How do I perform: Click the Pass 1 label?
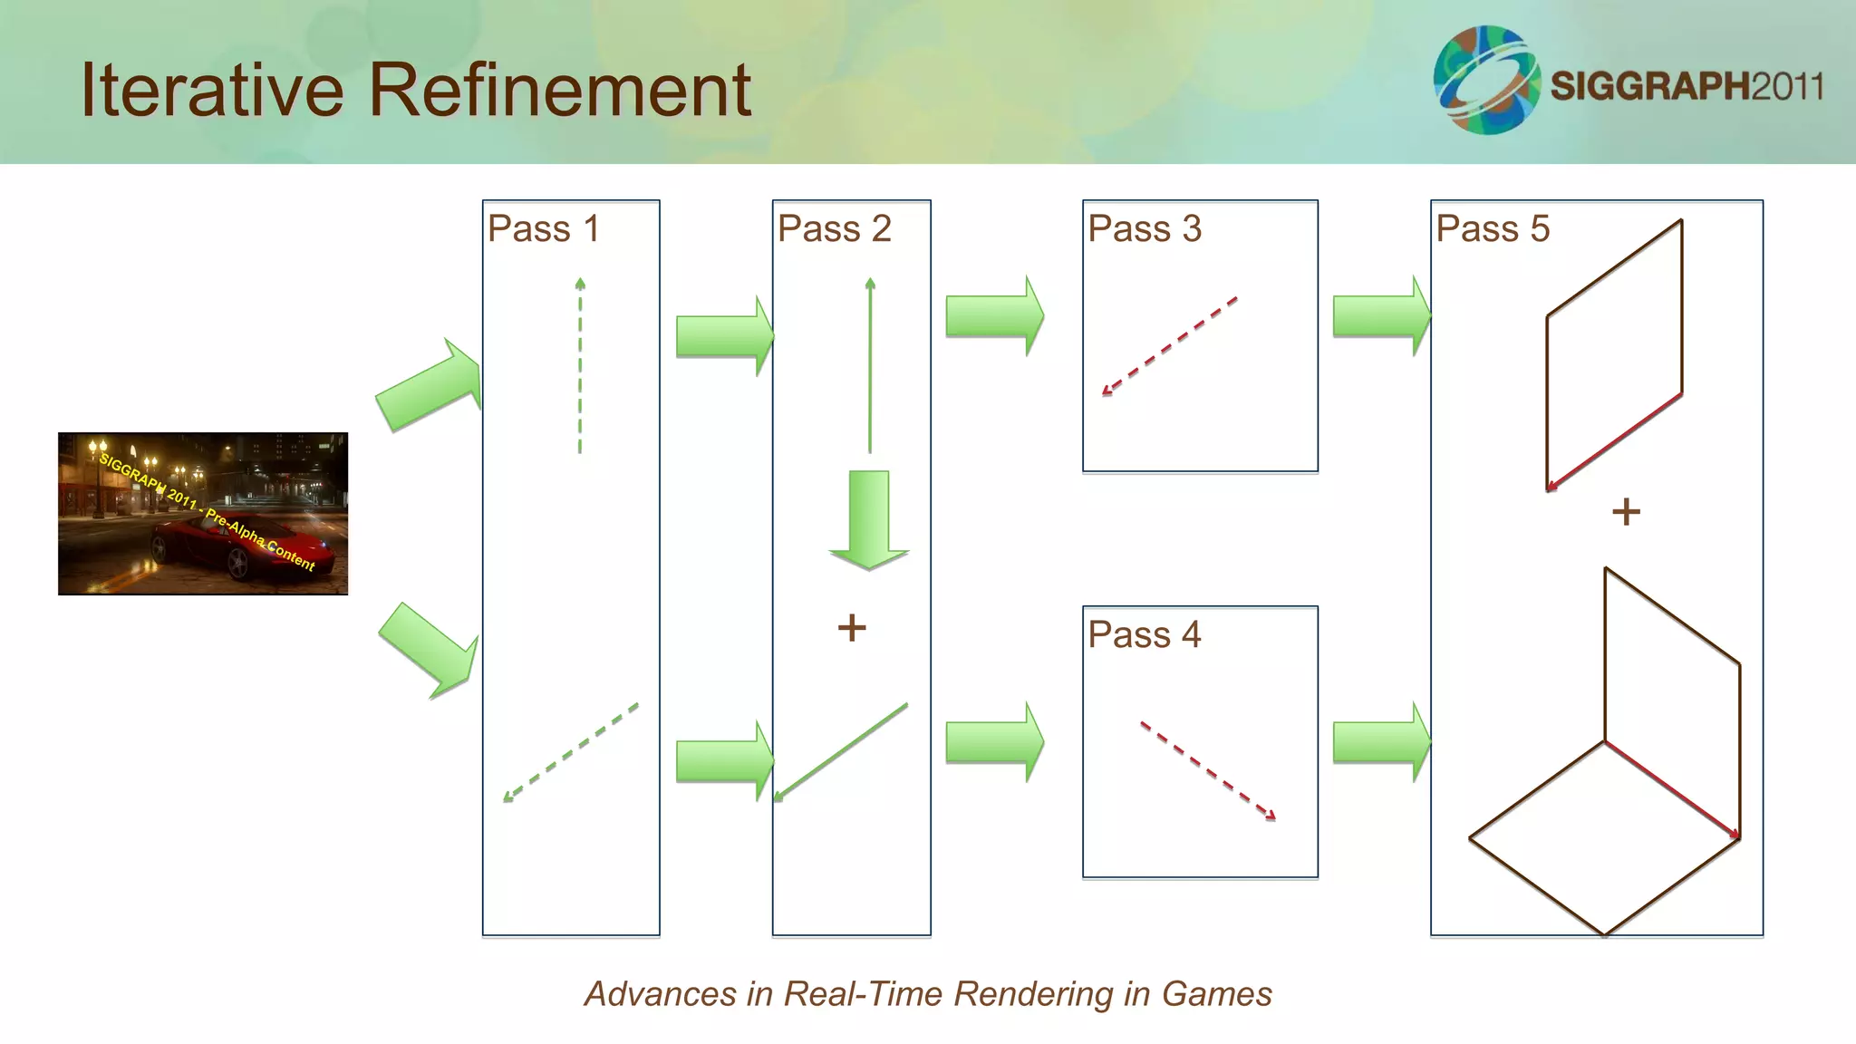[x=543, y=228]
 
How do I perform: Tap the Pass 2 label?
[x=834, y=228]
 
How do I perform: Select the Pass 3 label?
[x=1144, y=228]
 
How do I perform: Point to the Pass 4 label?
[x=1144, y=634]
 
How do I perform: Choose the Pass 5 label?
[x=1492, y=228]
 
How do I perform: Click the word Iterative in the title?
[x=212, y=90]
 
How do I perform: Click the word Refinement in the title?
[x=559, y=90]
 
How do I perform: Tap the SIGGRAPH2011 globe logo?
[x=1486, y=81]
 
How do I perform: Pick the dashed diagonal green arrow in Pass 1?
[x=571, y=752]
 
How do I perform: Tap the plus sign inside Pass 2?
[x=851, y=627]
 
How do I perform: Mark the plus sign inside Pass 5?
[x=1626, y=512]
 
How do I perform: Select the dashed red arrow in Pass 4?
[x=1207, y=770]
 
